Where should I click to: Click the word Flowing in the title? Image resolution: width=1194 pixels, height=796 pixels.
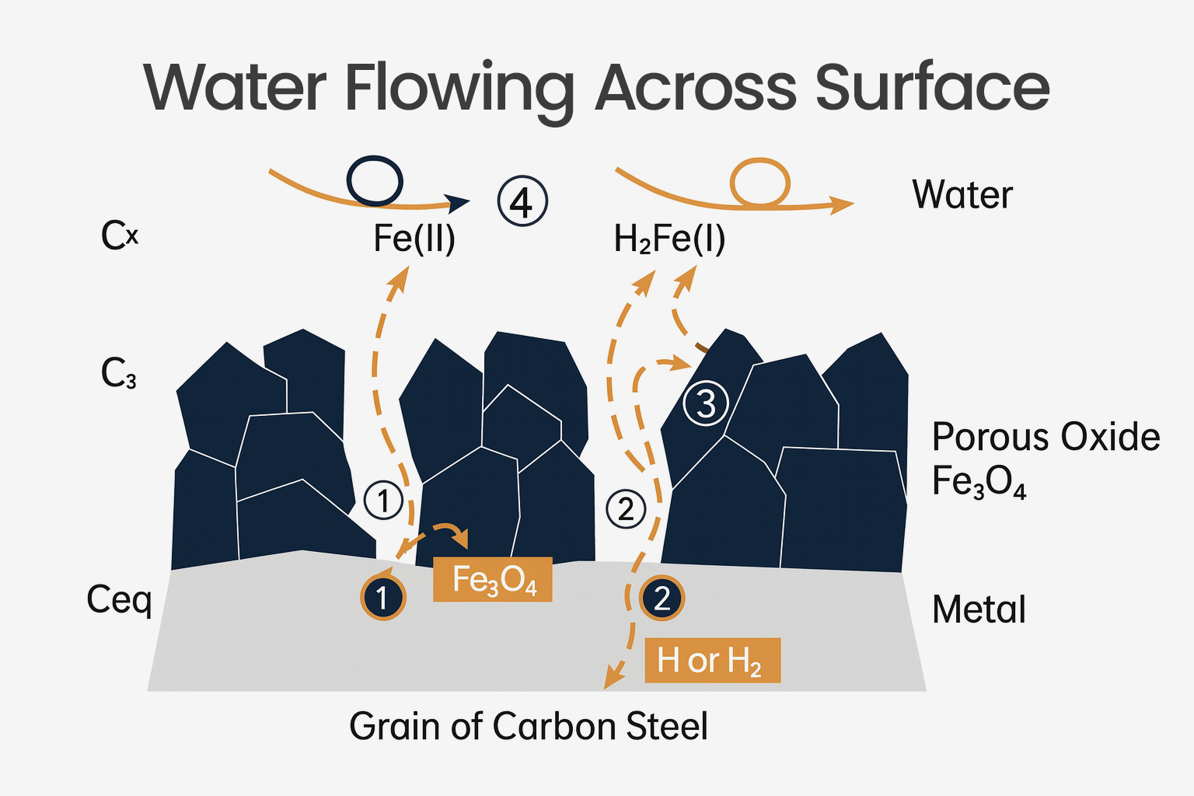coord(459,89)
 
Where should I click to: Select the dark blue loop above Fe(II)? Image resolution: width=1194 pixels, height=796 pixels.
coord(374,181)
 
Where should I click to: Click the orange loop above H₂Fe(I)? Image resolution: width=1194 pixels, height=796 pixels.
coord(759,183)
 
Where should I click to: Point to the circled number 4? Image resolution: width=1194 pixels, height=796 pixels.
coord(522,201)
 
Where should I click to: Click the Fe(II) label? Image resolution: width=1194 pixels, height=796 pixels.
coord(414,239)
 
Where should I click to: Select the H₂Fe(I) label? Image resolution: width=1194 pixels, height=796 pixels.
coord(669,239)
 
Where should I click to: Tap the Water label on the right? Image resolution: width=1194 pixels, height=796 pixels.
coord(962,194)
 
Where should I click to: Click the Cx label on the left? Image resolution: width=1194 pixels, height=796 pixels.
coord(120,235)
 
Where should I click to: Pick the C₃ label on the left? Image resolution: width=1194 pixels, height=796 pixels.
coord(118,374)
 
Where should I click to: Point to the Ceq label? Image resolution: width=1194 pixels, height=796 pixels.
coord(119,599)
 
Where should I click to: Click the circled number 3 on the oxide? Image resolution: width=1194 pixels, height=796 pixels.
coord(705,403)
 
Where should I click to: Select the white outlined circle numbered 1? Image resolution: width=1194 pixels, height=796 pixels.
coord(383,501)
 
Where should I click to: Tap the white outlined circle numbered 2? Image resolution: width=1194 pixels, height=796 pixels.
coord(626,509)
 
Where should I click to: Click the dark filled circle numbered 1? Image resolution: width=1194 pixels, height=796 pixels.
coord(382,598)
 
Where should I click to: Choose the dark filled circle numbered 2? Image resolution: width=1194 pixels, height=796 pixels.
coord(662,598)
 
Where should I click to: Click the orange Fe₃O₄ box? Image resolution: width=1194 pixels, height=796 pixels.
coord(493,580)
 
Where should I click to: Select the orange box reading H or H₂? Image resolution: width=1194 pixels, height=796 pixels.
coord(712,661)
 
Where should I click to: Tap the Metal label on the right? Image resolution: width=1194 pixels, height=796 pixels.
coord(979,609)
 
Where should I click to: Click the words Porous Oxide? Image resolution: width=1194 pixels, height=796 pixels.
coord(1046,437)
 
